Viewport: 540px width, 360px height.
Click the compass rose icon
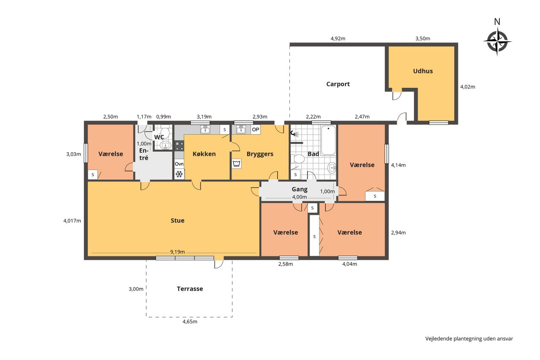[497, 41]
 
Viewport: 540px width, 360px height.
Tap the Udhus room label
[423, 71]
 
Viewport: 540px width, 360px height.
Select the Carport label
[338, 84]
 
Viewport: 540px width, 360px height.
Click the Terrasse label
[190, 289]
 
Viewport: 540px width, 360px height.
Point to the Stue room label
[178, 220]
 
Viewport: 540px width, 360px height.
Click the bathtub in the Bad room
[328, 140]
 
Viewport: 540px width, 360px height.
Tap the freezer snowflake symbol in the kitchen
[179, 174]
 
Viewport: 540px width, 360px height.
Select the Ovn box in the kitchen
[179, 164]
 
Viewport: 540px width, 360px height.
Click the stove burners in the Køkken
[179, 146]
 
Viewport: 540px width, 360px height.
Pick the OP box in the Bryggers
[256, 130]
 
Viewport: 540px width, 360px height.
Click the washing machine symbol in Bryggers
[237, 164]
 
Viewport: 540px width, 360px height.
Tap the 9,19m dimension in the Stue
[178, 252]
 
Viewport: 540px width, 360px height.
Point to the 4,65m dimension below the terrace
[190, 322]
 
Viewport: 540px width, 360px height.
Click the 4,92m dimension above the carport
[338, 38]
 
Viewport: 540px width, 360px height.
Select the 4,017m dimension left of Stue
[72, 221]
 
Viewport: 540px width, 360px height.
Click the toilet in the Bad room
[298, 159]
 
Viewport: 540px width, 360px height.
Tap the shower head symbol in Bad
[294, 133]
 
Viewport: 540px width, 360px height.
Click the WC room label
[159, 137]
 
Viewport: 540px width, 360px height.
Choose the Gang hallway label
[300, 189]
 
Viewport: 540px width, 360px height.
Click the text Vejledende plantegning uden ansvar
[469, 339]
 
